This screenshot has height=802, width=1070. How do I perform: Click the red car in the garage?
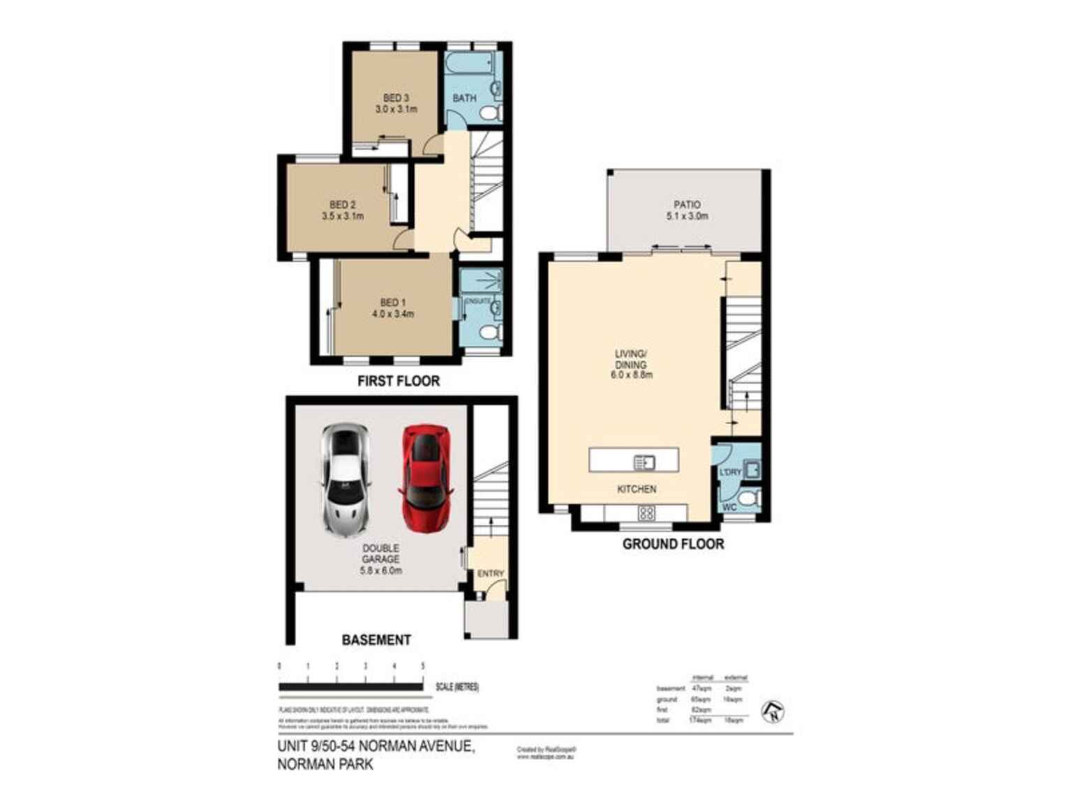point(426,478)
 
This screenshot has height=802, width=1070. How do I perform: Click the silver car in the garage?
point(345,480)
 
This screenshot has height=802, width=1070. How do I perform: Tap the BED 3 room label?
point(396,98)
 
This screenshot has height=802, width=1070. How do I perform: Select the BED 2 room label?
point(342,205)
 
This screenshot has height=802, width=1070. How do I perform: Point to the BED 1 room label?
point(392,303)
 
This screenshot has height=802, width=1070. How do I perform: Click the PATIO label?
point(687,205)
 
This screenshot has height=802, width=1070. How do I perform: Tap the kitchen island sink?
point(644,462)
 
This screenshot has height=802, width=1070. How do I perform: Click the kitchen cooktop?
point(646,514)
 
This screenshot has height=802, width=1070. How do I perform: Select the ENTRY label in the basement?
point(490,573)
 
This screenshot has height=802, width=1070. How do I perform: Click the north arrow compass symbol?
point(773,711)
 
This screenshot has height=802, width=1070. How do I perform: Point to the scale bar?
point(350,687)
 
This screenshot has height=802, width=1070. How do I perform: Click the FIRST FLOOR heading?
point(399,381)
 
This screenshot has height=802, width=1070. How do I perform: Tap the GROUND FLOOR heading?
point(673,544)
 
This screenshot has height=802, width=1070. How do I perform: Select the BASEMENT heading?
point(376,640)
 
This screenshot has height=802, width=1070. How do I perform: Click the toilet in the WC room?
point(749,499)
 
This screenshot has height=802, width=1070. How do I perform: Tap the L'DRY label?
point(730,472)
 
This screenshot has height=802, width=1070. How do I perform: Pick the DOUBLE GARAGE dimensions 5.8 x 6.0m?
point(380,570)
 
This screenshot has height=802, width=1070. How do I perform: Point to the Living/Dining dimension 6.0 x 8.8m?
point(631,375)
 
